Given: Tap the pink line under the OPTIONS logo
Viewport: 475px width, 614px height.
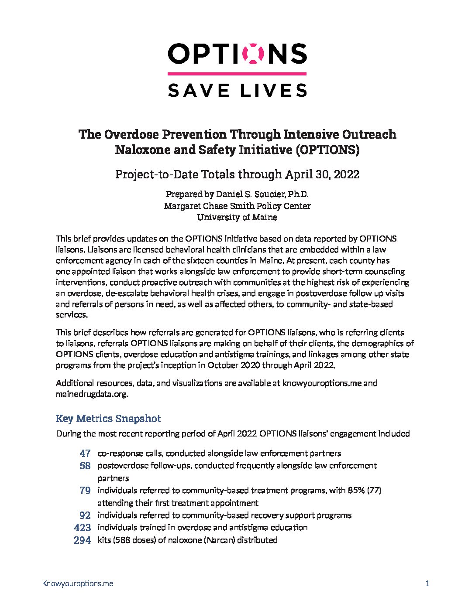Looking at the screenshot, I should click(x=237, y=74).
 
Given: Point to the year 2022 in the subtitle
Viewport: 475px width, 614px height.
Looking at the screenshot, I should click(x=345, y=174).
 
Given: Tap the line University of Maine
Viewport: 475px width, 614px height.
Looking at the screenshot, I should click(x=237, y=217).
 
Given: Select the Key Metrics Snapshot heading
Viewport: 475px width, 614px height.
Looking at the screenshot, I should click(x=108, y=419).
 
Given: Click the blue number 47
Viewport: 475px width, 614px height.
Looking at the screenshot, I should click(x=85, y=454).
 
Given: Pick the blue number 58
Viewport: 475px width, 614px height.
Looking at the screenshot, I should click(x=85, y=466).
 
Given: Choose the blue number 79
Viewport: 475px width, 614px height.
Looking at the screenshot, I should click(x=85, y=491).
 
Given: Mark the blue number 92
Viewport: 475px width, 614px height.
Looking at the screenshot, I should click(x=85, y=515).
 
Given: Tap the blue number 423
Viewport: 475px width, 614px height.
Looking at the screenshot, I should click(x=83, y=528).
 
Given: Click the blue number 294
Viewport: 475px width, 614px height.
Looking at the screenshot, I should click(x=83, y=540).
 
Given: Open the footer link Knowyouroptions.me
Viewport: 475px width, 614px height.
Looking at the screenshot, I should click(x=78, y=583).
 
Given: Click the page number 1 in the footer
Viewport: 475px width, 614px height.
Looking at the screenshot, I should click(x=427, y=583).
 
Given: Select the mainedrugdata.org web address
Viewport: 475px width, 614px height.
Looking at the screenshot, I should click(x=91, y=394).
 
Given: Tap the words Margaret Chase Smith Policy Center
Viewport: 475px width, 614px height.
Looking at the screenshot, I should click(x=237, y=205).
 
